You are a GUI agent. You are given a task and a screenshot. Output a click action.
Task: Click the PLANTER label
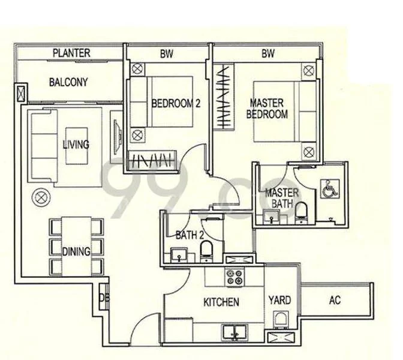point(71,53)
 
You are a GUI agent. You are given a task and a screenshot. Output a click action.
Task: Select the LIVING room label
point(76,145)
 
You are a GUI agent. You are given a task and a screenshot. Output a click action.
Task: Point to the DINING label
point(76,251)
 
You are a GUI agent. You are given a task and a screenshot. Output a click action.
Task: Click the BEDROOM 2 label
point(175,103)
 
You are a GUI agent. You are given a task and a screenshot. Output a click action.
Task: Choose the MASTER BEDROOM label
point(269,108)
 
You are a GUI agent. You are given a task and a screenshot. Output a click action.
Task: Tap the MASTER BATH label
point(279,198)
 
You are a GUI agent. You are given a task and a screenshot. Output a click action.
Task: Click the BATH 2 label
point(187,234)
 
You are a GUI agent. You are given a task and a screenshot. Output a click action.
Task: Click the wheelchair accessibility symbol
point(330,190)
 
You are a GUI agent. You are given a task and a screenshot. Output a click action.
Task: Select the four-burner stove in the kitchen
point(233,278)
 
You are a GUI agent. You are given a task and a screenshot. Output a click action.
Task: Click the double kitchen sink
point(234,331)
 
